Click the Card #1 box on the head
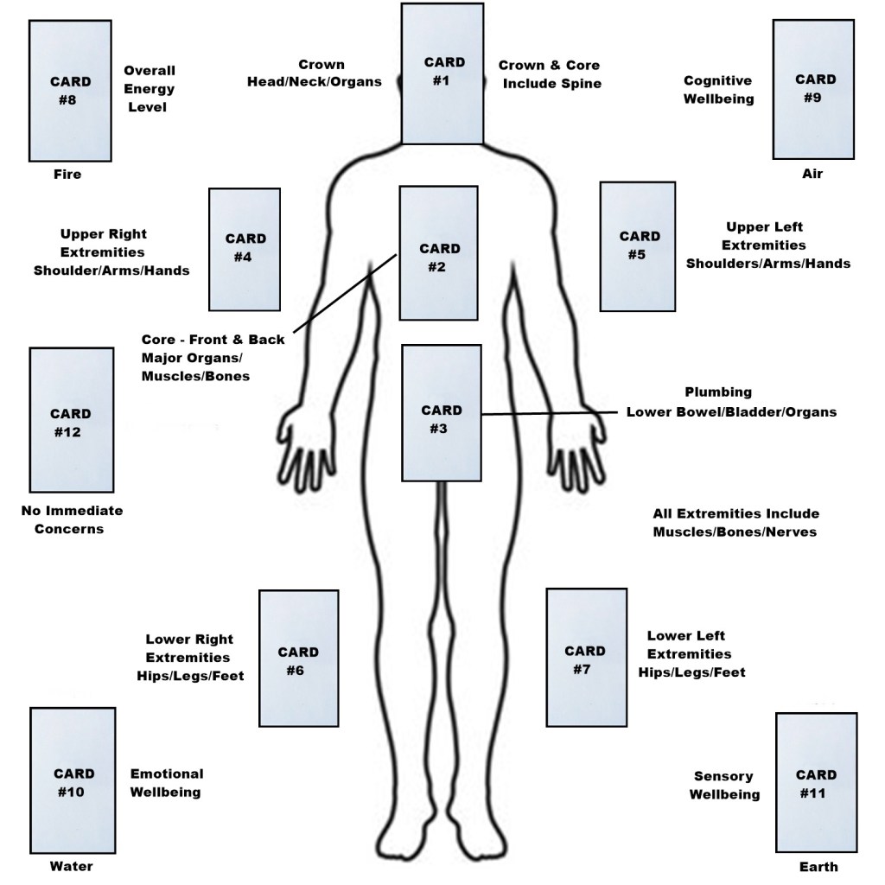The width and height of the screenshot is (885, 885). click(x=442, y=73)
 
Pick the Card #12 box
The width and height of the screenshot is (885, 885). click(x=71, y=419)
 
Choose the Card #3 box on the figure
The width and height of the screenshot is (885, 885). click(x=441, y=412)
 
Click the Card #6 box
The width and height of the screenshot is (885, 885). click(x=298, y=659)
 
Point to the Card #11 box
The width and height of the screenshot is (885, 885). click(x=815, y=783)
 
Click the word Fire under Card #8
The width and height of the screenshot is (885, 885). click(x=67, y=175)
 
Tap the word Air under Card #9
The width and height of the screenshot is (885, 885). click(x=812, y=175)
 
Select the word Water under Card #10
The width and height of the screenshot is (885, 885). click(x=71, y=866)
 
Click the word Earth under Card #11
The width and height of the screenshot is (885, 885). click(x=818, y=867)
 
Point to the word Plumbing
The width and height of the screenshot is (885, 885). click(x=718, y=392)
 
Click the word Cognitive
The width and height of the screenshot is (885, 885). click(x=717, y=80)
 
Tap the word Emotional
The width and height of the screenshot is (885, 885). click(x=167, y=774)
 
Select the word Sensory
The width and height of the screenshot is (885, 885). click(x=723, y=776)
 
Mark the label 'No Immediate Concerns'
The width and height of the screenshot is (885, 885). click(x=72, y=519)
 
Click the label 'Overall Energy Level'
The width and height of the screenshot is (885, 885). click(x=150, y=89)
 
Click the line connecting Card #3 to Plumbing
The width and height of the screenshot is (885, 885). click(x=553, y=413)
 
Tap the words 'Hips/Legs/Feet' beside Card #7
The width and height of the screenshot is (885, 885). click(x=691, y=672)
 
